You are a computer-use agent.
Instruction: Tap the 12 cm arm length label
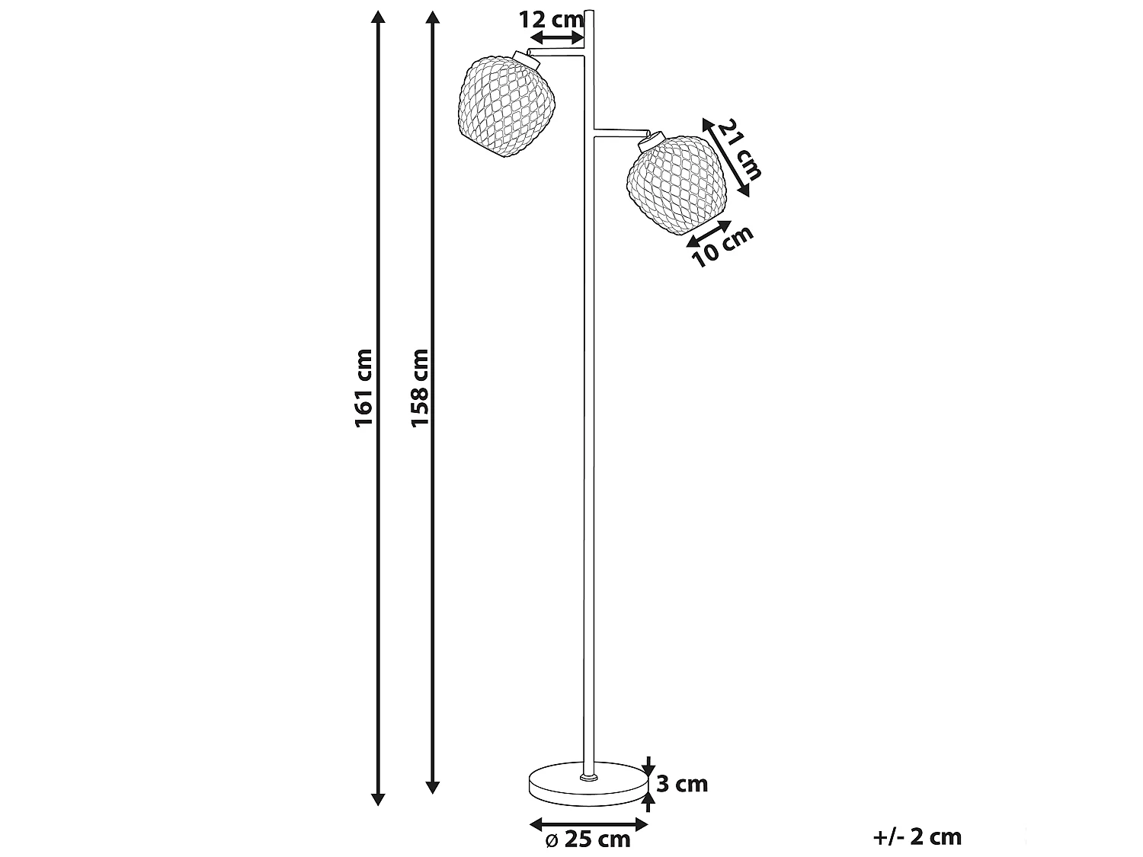pyautogui.click(x=550, y=20)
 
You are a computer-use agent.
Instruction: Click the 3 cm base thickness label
pyautogui.click(x=682, y=784)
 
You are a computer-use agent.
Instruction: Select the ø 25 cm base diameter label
pyautogui.click(x=588, y=839)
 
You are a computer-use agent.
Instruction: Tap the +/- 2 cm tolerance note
pyautogui.click(x=918, y=837)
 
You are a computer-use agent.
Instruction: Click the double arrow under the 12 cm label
pyautogui.click(x=557, y=38)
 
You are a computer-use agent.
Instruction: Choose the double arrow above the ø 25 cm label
pyautogui.click(x=588, y=823)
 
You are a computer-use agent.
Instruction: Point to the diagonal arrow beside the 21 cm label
pyautogui.click(x=725, y=157)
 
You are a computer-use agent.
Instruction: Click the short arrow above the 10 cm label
pyautogui.click(x=709, y=232)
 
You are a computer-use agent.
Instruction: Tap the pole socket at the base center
pyautogui.click(x=588, y=777)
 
